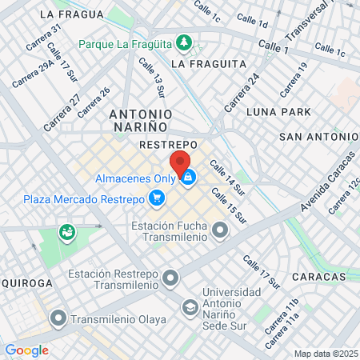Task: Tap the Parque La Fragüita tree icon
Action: tap(184, 41)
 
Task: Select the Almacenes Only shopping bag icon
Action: tap(188, 178)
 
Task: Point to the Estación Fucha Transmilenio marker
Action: tap(219, 231)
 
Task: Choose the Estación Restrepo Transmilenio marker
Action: tap(170, 278)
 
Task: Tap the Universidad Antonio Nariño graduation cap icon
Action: tap(190, 307)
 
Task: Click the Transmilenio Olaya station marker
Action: tap(58, 319)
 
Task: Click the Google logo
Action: tap(26, 350)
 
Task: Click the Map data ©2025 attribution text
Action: tap(326, 354)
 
